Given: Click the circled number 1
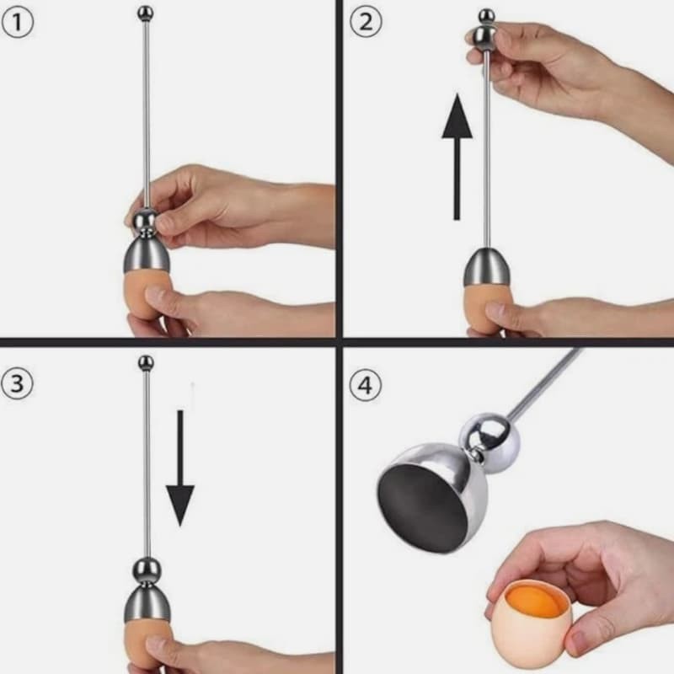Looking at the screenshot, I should coord(18,22).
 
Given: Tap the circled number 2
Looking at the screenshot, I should coord(365,22).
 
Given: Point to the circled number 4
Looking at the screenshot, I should coord(365,386).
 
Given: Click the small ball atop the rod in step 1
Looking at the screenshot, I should coord(146,13).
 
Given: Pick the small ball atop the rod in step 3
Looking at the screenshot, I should coord(146,363).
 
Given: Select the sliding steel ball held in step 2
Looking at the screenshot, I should coord(485,35).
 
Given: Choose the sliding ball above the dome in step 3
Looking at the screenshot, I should coord(147,571).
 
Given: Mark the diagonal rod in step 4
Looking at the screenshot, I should coord(548,383).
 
